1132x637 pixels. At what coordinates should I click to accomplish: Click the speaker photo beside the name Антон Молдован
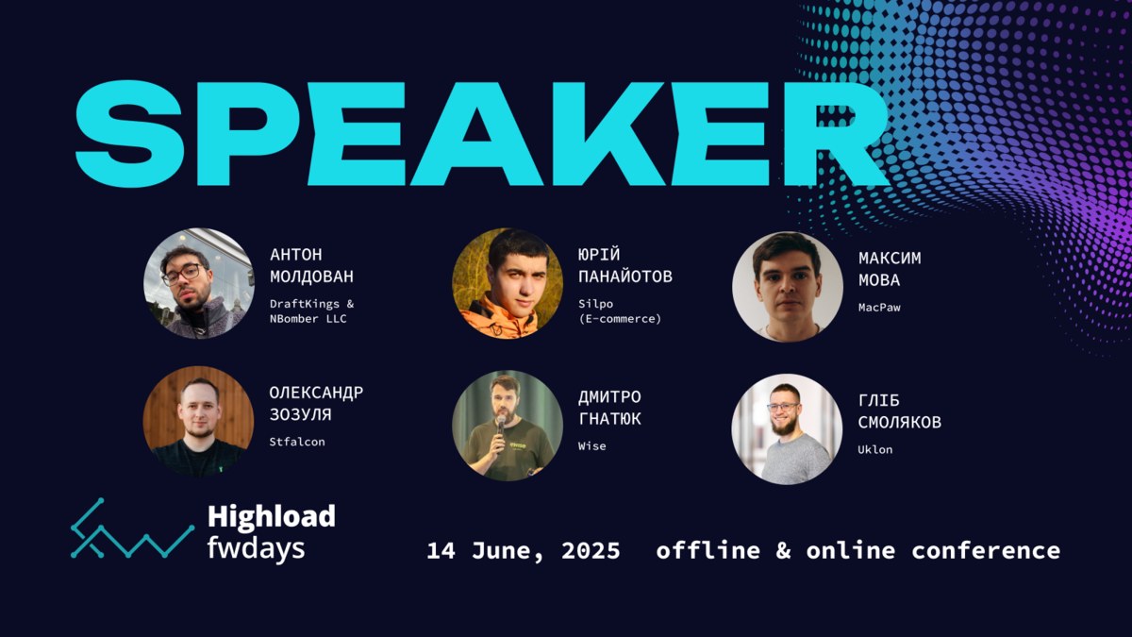click(x=199, y=283)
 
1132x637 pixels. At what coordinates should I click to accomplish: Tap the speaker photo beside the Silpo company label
click(x=508, y=283)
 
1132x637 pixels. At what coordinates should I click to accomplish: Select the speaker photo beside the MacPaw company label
click(x=788, y=287)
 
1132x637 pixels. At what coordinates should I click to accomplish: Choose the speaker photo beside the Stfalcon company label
click(x=199, y=421)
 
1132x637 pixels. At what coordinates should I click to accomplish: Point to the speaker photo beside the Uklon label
click(x=787, y=429)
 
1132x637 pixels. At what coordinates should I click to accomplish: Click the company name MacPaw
click(x=879, y=308)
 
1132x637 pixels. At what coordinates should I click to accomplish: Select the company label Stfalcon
click(x=297, y=442)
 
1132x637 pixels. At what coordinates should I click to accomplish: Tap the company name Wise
click(x=592, y=445)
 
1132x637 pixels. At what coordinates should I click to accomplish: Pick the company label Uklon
click(x=875, y=449)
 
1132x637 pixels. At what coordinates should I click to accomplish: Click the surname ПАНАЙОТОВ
click(x=625, y=277)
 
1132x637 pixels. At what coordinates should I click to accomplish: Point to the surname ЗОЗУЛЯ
click(x=301, y=414)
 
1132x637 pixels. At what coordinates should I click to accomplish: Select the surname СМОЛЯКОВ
click(x=900, y=422)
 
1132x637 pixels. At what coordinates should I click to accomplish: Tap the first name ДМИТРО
click(x=609, y=397)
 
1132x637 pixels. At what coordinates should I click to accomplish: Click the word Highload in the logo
click(x=272, y=517)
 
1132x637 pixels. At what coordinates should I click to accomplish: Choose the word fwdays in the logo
click(x=257, y=548)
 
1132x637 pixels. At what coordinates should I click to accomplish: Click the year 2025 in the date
click(x=591, y=550)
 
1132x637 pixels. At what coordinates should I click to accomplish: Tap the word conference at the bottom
click(x=986, y=550)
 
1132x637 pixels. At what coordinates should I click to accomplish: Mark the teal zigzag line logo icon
click(x=132, y=528)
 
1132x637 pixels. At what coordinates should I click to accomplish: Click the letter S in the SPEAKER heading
click(x=130, y=133)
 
